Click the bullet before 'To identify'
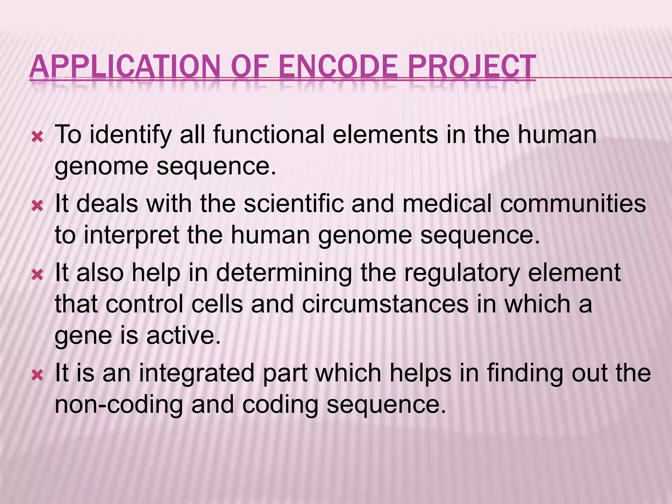pos(37,137)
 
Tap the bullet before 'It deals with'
pos(37,206)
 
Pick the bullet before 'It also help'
pos(37,275)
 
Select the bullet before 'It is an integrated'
pos(37,375)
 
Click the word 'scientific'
pos(293,203)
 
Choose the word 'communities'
pos(573,203)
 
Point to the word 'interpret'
pos(132,236)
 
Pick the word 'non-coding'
pos(118,405)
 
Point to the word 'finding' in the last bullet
pos(525,373)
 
